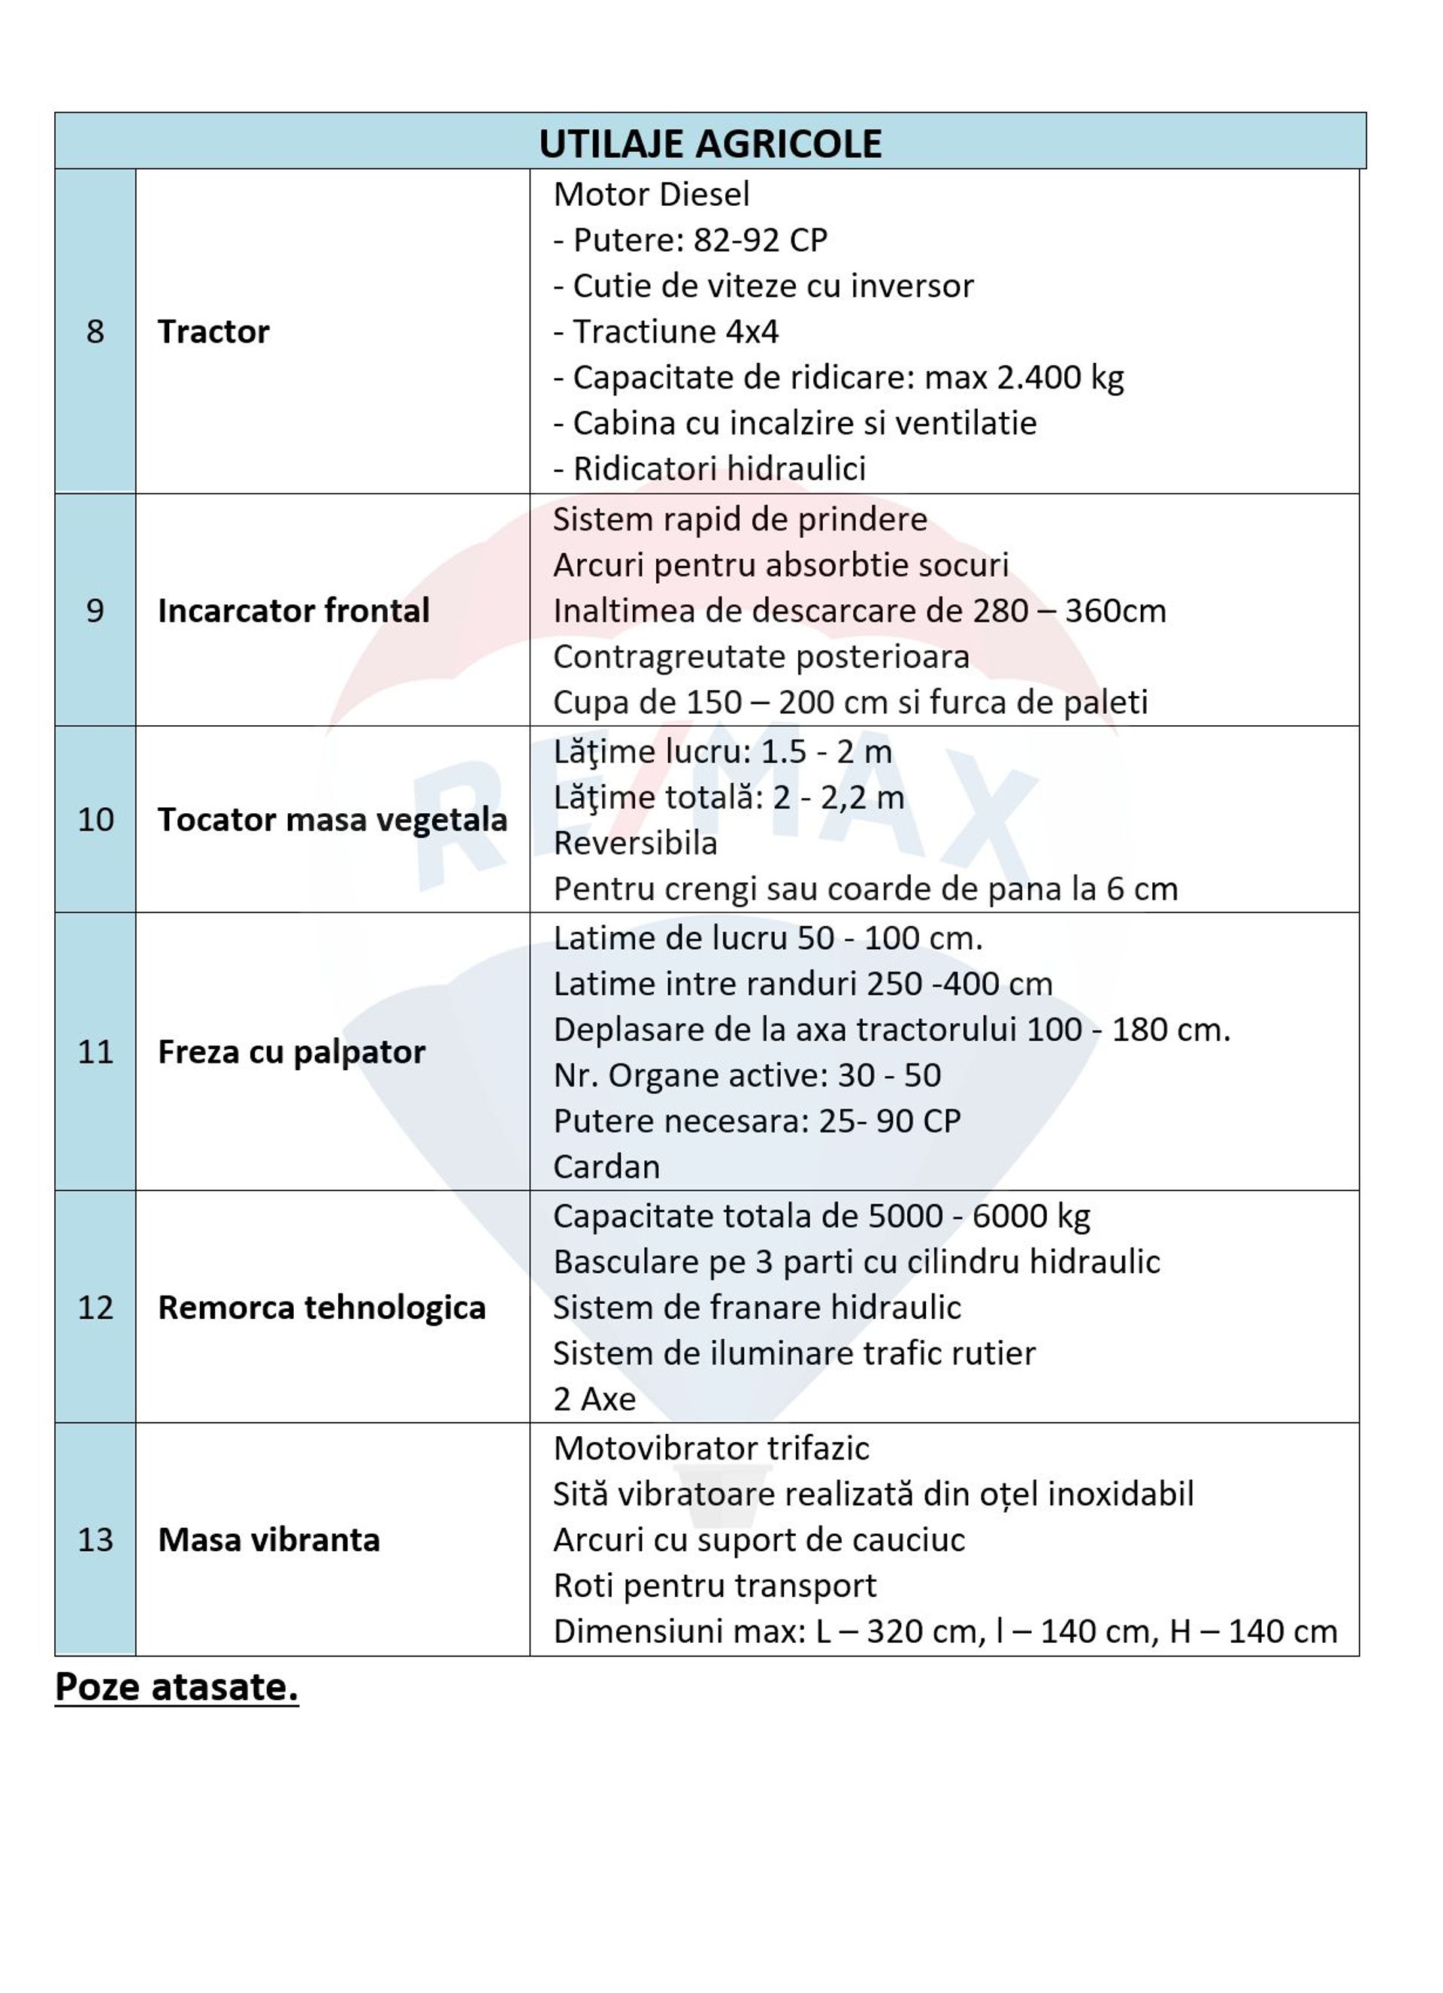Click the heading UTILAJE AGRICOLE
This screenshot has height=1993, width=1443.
(x=709, y=144)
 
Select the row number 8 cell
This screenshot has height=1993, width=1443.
(x=95, y=331)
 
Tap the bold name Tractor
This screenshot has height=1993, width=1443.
(x=213, y=331)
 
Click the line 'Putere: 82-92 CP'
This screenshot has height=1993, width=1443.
(x=691, y=240)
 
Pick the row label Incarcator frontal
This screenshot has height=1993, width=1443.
(x=294, y=610)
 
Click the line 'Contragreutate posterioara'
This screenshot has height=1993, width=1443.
(x=761, y=655)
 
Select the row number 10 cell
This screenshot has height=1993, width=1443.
(x=95, y=819)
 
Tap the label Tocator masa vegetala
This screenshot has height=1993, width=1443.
(x=332, y=819)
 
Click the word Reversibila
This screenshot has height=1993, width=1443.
(x=635, y=842)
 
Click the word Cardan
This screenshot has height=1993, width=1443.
(x=607, y=1166)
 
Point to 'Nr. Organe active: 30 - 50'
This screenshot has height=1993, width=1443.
(x=747, y=1075)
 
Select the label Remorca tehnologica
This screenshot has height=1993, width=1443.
(x=322, y=1307)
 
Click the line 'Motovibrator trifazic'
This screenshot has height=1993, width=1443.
(x=711, y=1447)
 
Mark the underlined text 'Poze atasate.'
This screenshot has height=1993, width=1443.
(x=177, y=1686)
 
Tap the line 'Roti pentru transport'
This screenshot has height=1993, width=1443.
(x=715, y=1584)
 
